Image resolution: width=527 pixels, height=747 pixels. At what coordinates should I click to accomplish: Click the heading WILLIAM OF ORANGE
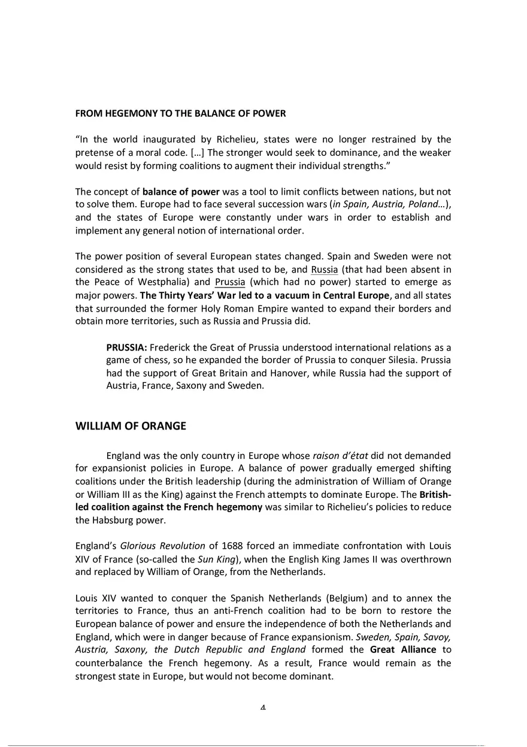pyautogui.click(x=131, y=427)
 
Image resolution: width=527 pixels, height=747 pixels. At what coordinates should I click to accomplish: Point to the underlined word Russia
pyautogui.click(x=325, y=270)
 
